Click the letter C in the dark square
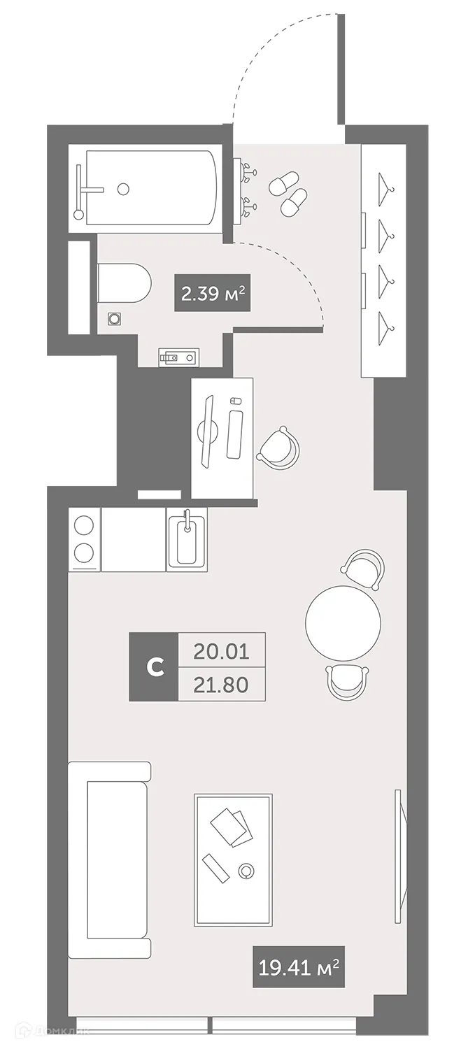click(x=154, y=667)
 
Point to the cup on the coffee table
click(x=246, y=871)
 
